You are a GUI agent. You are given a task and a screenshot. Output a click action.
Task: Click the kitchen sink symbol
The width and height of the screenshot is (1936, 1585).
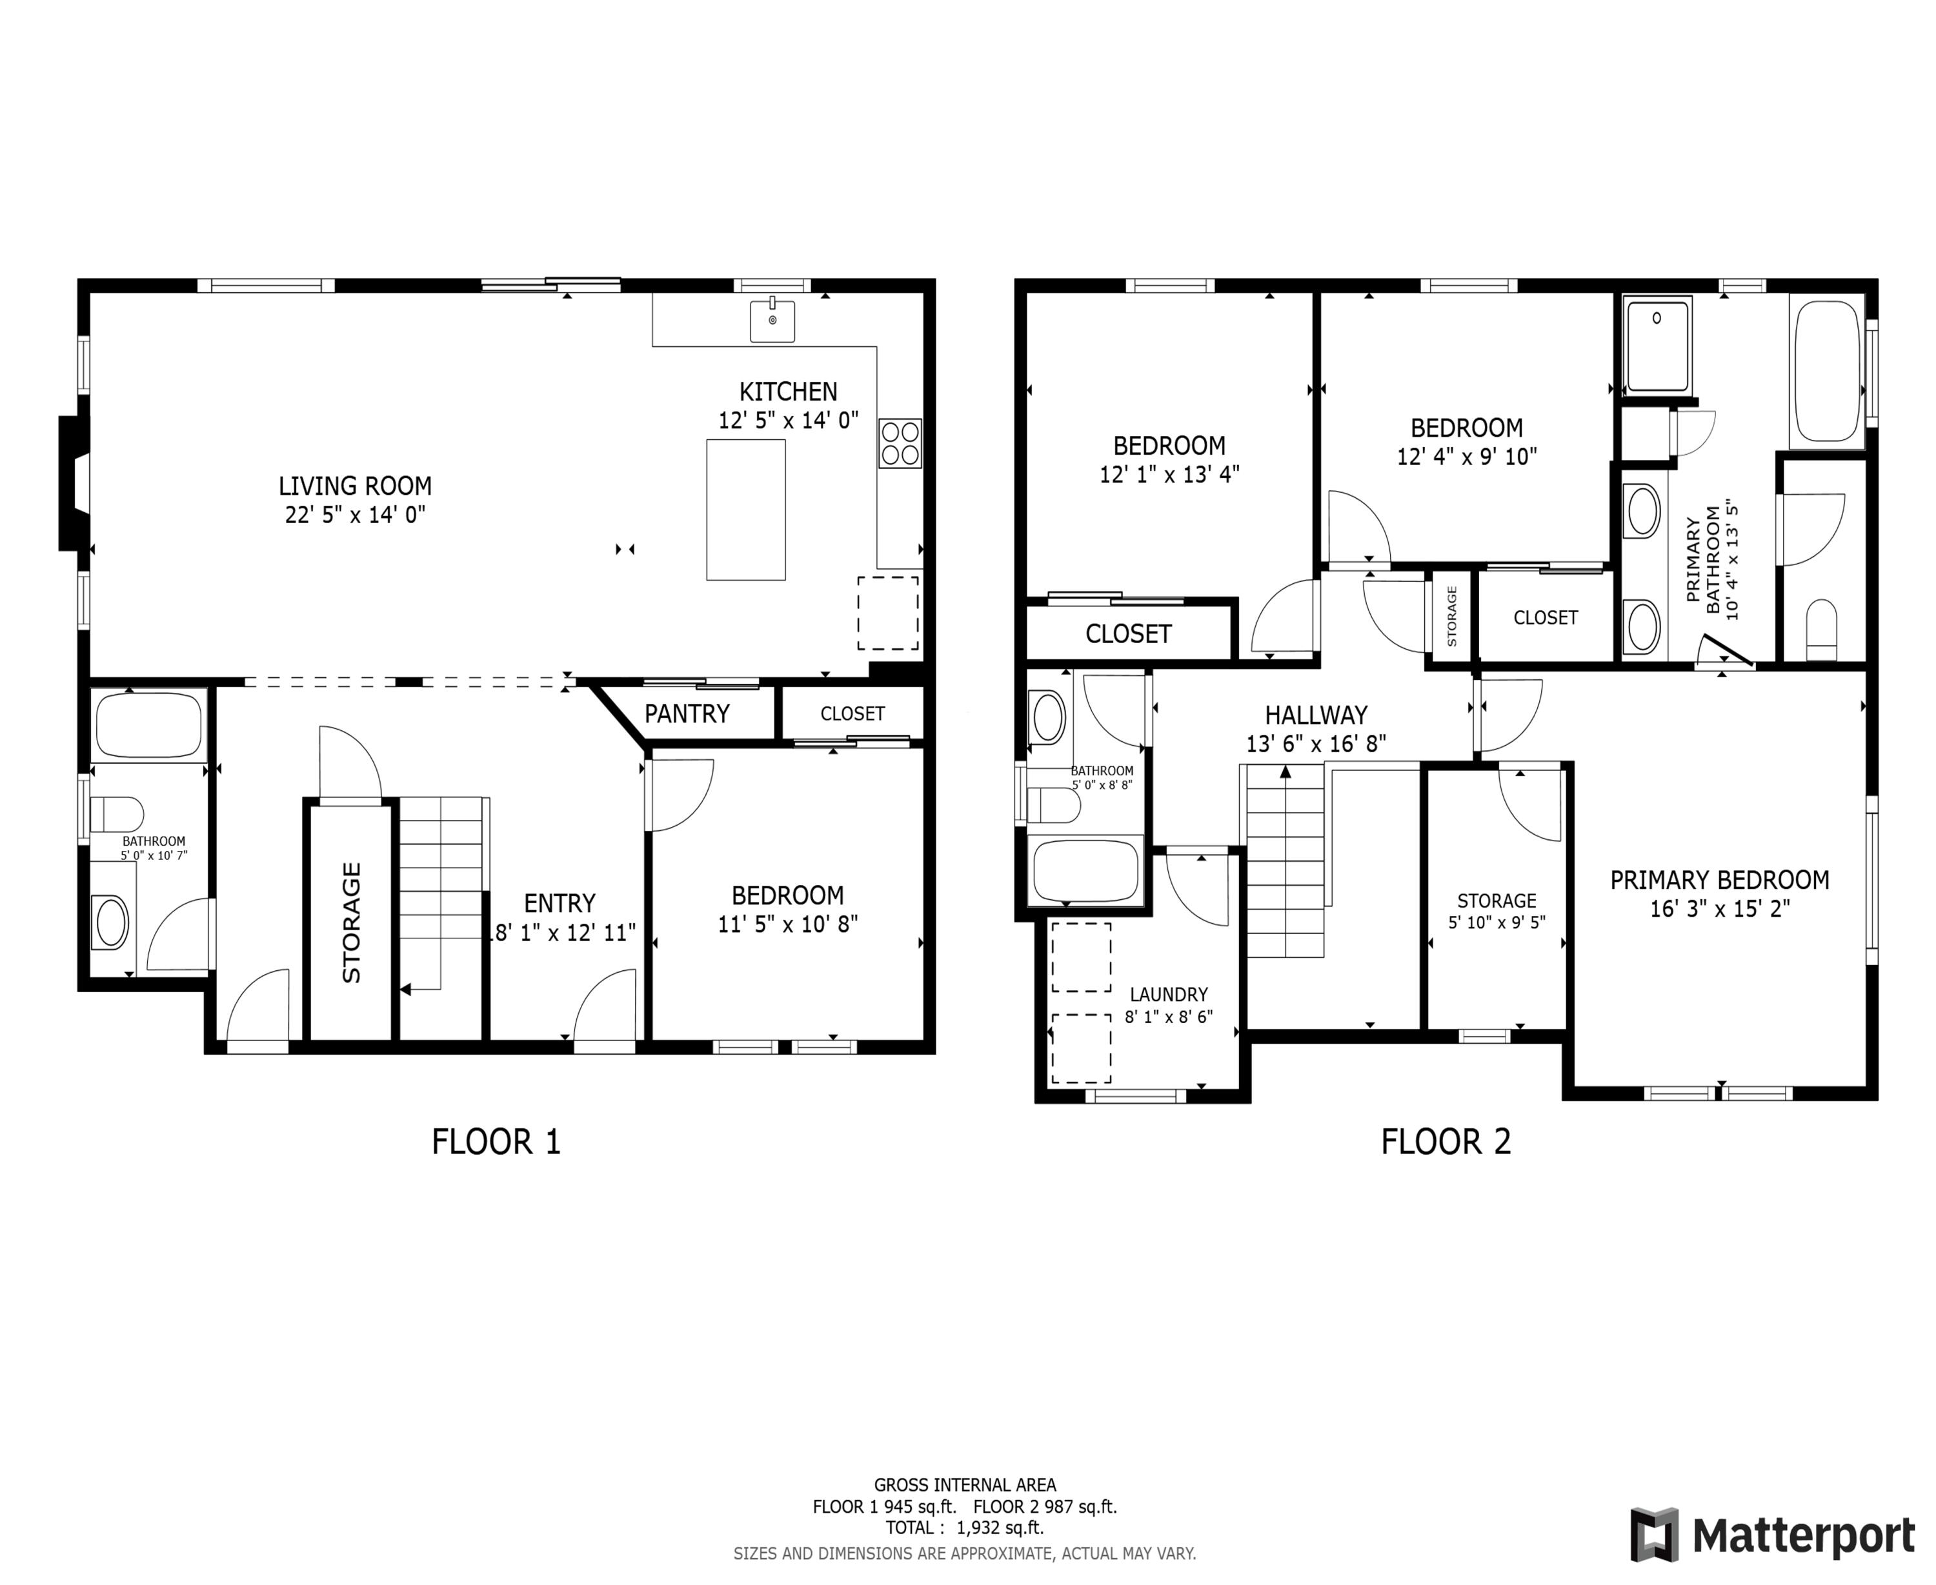point(772,321)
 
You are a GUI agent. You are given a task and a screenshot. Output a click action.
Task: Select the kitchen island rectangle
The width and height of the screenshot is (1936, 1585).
point(745,510)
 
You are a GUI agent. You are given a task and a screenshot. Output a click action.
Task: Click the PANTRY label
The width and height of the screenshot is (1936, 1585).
point(687,713)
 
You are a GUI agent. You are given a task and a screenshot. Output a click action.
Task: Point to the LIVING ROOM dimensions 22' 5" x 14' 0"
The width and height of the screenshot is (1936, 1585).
point(354,515)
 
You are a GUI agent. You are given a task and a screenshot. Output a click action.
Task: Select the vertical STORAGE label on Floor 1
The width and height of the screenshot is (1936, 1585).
point(352,922)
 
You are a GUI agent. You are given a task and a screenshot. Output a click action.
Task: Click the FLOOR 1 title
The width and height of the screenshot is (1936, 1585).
point(495,1141)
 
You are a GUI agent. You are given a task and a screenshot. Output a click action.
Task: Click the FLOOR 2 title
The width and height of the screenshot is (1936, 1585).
point(1445,1141)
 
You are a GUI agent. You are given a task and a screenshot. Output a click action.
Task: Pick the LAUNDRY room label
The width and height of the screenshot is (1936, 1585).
point(1168,994)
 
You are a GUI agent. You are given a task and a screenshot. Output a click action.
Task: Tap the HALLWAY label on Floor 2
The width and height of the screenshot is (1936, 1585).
point(1315,715)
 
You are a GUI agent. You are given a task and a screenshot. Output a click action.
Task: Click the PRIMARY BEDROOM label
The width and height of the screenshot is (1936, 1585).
point(1719,880)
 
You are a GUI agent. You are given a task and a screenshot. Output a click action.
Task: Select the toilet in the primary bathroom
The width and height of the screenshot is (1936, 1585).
point(1821,628)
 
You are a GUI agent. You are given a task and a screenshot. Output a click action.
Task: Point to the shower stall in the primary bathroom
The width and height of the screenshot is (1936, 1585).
point(1657,344)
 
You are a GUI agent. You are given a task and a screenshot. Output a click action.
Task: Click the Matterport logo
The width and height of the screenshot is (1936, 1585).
point(1771,1535)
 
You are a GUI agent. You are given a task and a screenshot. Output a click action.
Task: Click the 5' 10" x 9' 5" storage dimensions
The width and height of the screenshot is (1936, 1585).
point(1496,922)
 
